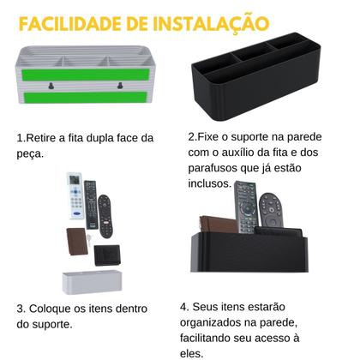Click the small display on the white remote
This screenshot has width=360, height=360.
click(x=74, y=188)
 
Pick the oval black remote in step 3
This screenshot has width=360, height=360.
click(x=105, y=216)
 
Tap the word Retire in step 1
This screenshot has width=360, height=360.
click(x=41, y=138)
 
